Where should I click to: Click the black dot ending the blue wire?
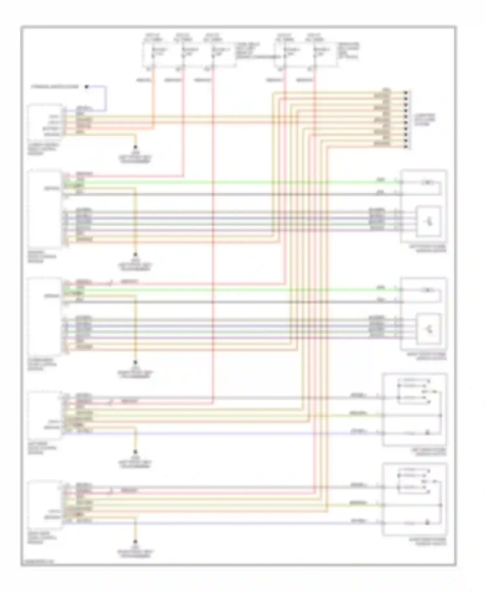click(87, 87)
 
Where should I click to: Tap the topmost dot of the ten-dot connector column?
click(406, 92)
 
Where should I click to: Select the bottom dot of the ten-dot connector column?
click(406, 147)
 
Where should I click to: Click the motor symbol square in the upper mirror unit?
click(429, 222)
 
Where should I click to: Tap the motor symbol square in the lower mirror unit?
click(429, 329)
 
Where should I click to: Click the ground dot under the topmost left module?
click(135, 147)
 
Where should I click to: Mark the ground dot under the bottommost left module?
click(135, 541)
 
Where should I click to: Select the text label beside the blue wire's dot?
click(55, 87)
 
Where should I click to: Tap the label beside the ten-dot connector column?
click(425, 120)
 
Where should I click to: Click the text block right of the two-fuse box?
click(349, 51)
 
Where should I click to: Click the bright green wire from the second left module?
click(227, 182)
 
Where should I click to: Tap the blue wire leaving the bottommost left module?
click(227, 523)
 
